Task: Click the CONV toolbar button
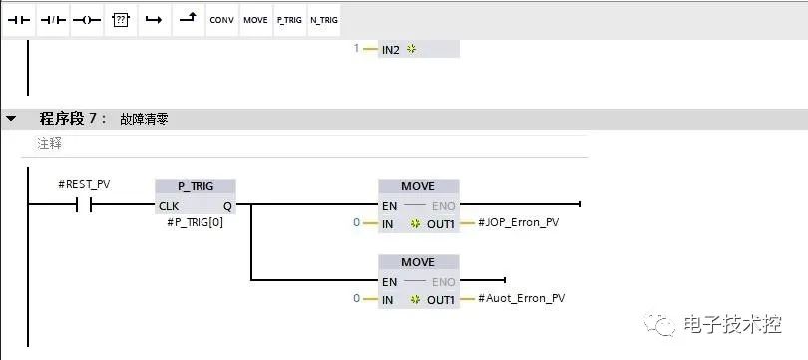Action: (221, 19)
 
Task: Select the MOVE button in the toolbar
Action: (255, 19)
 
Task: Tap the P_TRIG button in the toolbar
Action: (289, 19)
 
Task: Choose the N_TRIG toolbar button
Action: (323, 19)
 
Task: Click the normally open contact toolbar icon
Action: (20, 19)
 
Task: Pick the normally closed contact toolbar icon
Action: (52, 19)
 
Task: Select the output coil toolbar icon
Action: (86, 19)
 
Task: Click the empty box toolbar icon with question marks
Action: (120, 19)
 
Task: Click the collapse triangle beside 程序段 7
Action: (11, 119)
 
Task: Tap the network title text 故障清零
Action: (144, 119)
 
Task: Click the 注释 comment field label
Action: (49, 144)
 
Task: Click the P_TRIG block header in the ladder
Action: (196, 186)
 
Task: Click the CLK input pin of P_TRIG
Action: (169, 205)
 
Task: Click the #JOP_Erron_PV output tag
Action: (519, 223)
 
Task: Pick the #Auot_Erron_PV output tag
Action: (522, 298)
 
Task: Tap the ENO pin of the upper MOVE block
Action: (443, 205)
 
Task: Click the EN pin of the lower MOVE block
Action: (389, 281)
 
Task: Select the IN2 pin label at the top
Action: (393, 49)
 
